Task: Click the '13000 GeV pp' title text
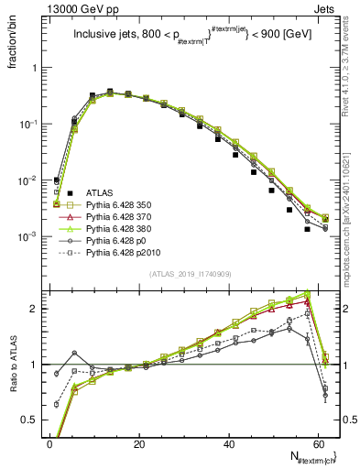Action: point(65,8)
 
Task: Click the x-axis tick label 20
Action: point(139,442)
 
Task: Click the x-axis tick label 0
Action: point(49,442)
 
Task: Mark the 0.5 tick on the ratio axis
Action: point(34,420)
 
